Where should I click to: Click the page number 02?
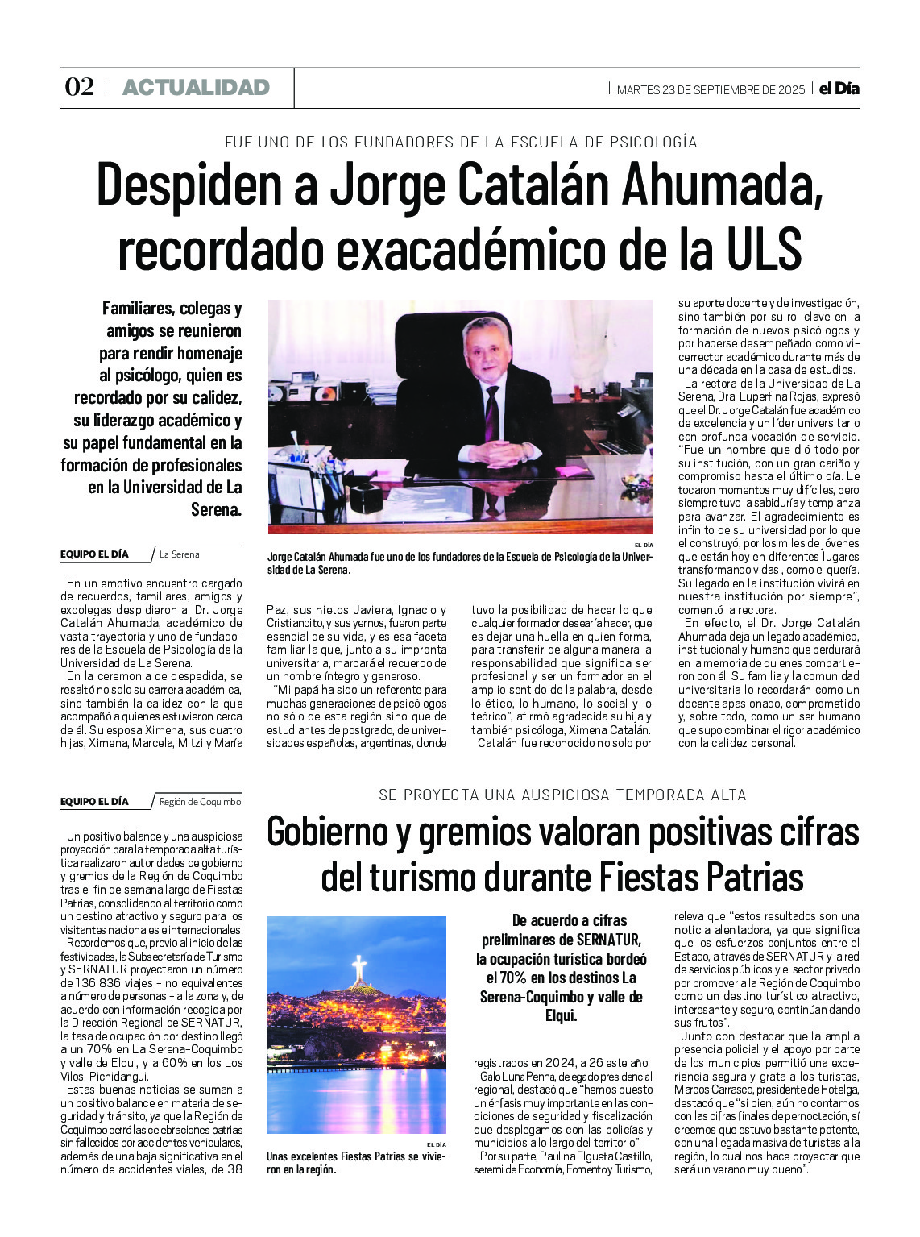pos(79,87)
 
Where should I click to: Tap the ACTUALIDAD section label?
pos(196,88)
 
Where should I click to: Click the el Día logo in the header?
pos(839,89)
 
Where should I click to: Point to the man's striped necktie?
pos(491,412)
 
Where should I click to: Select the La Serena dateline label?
pos(180,554)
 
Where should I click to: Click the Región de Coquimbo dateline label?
pos(200,802)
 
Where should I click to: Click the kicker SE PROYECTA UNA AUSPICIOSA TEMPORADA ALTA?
pos(562,795)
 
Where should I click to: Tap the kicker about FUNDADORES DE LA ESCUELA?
pos(460,143)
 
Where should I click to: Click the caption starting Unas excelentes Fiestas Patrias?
pos(355,1162)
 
